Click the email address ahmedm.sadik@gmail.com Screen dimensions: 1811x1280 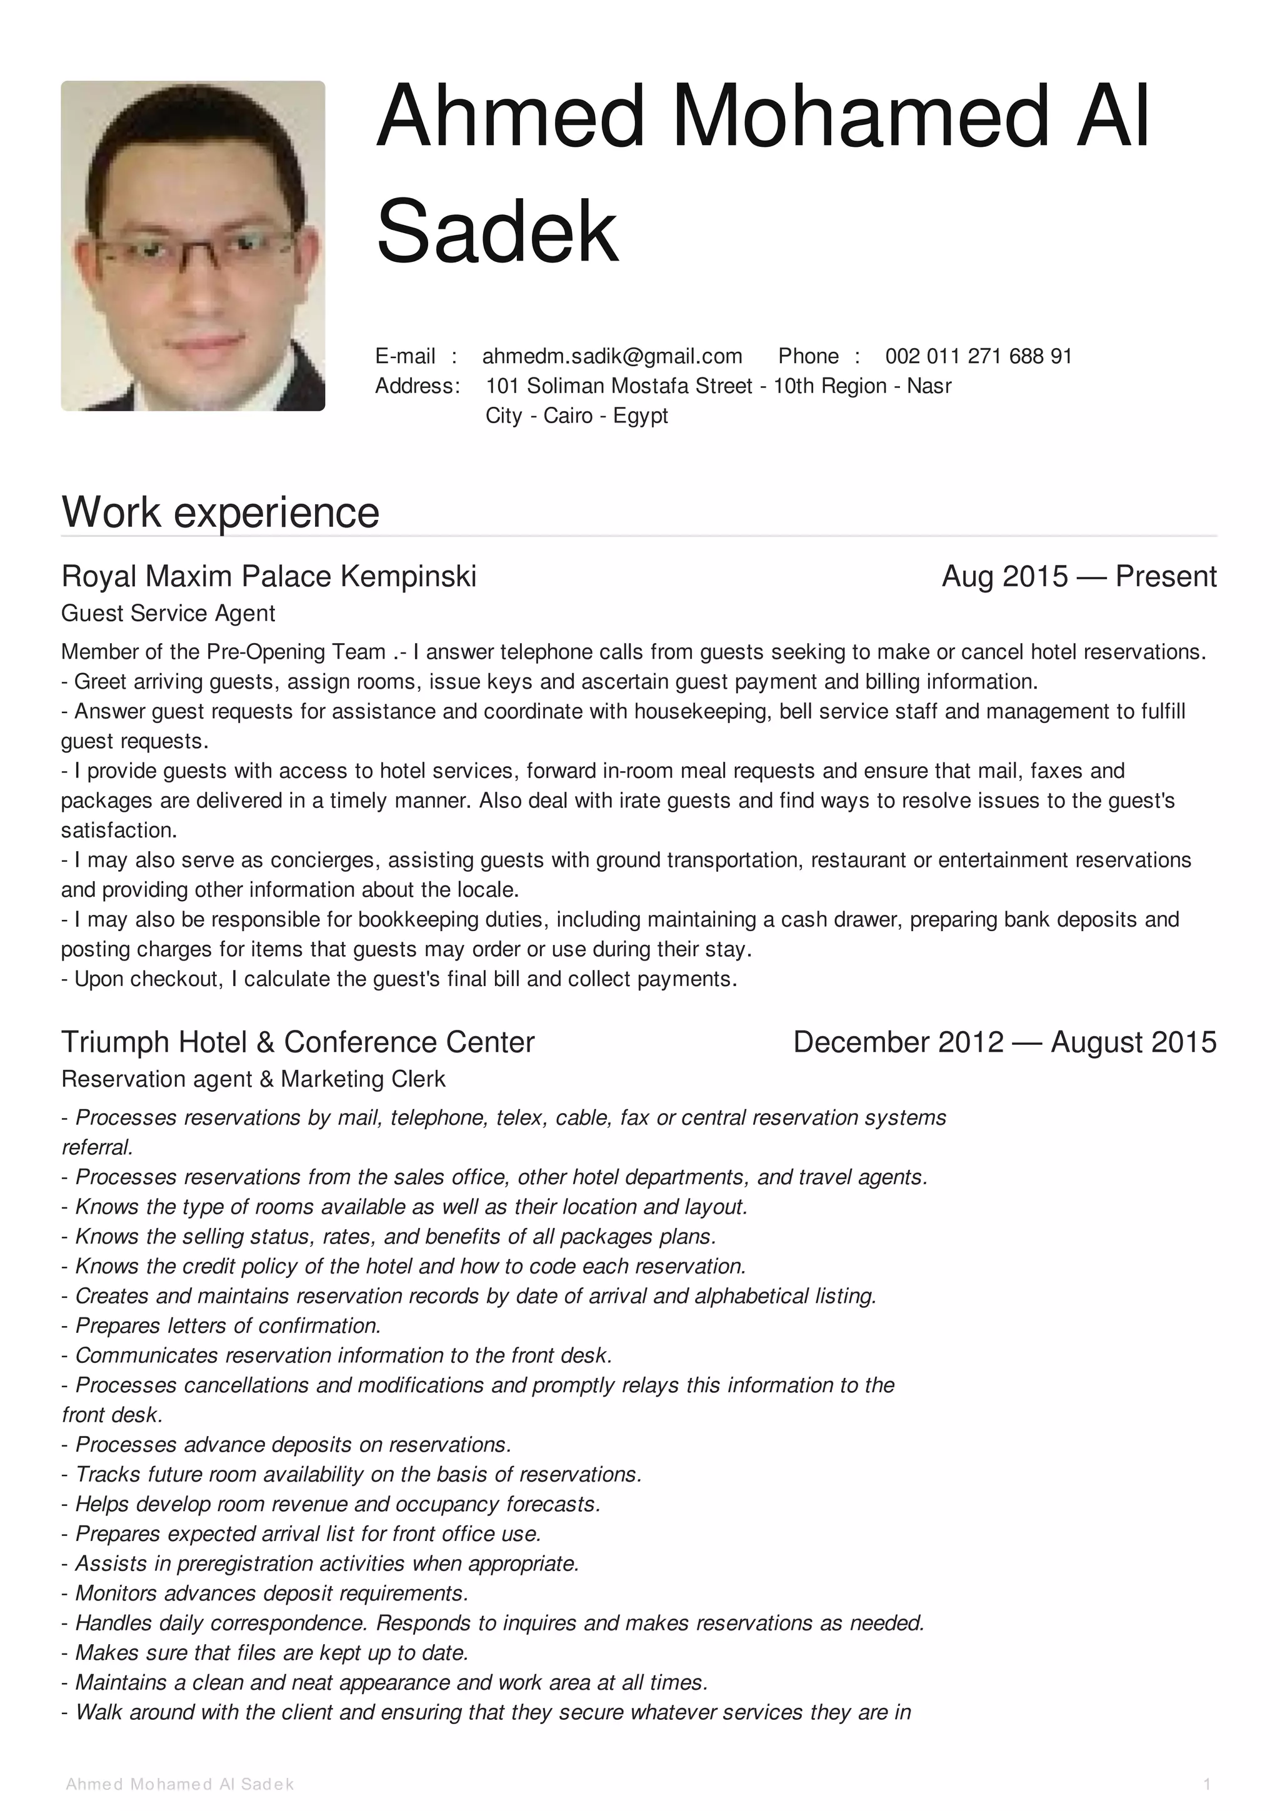pyautogui.click(x=612, y=357)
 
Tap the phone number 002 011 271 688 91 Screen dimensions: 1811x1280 pyautogui.click(x=978, y=357)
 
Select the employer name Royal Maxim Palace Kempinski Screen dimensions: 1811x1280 pyautogui.click(x=269, y=577)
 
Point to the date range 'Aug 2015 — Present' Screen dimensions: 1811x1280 pyautogui.click(x=1078, y=577)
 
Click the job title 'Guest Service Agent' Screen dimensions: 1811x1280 pyautogui.click(x=168, y=614)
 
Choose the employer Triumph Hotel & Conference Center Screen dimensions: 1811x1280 pyautogui.click(x=297, y=1042)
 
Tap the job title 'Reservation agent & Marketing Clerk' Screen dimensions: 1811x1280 pyautogui.click(x=253, y=1079)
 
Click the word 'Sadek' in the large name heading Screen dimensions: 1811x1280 pyautogui.click(x=497, y=231)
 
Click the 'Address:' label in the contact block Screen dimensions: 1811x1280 pyautogui.click(x=417, y=386)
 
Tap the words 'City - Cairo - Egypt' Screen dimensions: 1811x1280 pyautogui.click(x=576, y=416)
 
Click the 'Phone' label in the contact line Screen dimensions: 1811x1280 pyautogui.click(x=807, y=357)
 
